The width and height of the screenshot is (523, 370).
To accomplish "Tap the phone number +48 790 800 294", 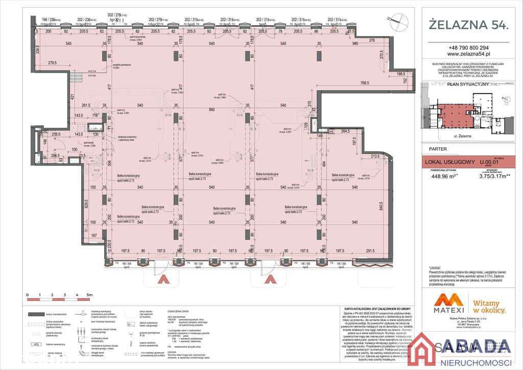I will [x=468, y=47].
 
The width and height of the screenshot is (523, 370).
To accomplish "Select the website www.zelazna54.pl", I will [x=468, y=53].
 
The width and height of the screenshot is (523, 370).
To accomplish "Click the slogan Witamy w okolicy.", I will [x=489, y=306].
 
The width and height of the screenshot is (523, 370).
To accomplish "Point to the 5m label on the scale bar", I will [x=89, y=295].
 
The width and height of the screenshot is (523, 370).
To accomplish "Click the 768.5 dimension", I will [x=365, y=83].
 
